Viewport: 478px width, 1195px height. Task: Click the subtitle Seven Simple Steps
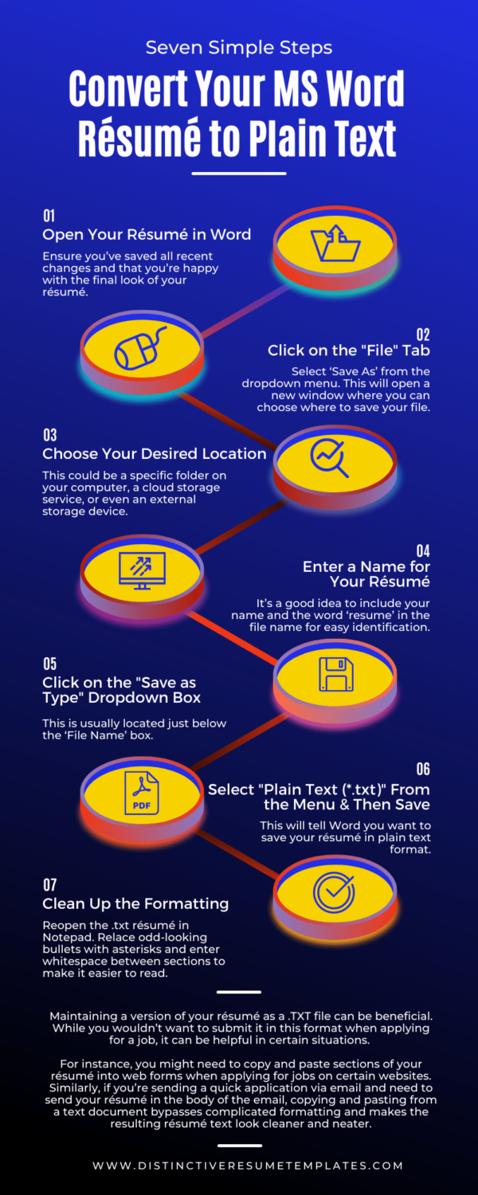[x=239, y=47]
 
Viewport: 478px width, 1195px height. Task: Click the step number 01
[x=49, y=216]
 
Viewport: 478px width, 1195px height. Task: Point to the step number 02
[x=422, y=334]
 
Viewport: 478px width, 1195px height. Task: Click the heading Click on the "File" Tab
[x=349, y=351]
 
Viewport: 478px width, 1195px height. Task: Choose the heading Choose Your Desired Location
[x=155, y=454]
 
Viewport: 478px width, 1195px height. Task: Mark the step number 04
[x=422, y=550]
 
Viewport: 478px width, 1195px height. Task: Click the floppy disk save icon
[x=335, y=674]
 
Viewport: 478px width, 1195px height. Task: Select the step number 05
[x=49, y=664]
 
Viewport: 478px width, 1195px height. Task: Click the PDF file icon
[x=141, y=792]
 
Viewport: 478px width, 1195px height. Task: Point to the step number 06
[x=422, y=769]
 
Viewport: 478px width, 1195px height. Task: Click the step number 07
[x=49, y=885]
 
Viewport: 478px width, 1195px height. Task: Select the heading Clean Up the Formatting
[x=135, y=903]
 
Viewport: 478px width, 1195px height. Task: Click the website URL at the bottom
[x=248, y=1166]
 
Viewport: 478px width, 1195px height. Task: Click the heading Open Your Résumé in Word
[x=147, y=234]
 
